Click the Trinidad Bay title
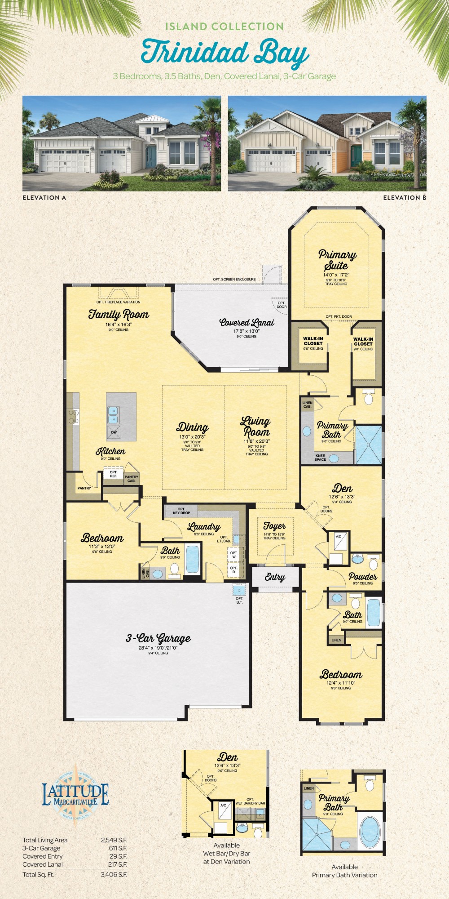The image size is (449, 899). [x=224, y=53]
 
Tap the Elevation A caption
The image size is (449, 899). [x=44, y=197]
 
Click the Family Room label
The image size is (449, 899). [x=119, y=314]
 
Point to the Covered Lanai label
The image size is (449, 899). [x=247, y=322]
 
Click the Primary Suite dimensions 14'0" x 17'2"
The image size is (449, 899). [x=336, y=275]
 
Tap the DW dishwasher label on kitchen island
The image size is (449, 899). [x=114, y=432]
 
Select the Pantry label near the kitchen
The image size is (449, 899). [x=84, y=488]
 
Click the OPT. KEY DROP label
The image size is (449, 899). [x=181, y=511]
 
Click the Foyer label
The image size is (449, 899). [x=274, y=525]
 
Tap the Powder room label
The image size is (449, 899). [x=363, y=576]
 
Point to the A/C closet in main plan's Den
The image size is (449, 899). [x=339, y=537]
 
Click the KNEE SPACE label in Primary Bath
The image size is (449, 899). [x=320, y=458]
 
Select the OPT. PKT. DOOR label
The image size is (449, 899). [x=339, y=316]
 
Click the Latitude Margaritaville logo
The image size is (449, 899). [x=75, y=795]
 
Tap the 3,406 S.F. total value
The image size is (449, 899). [x=114, y=875]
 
